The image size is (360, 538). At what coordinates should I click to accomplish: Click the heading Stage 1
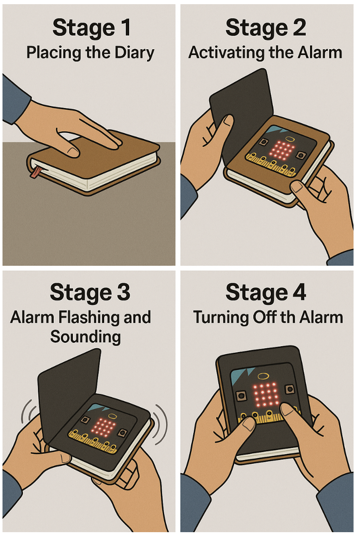[91, 28]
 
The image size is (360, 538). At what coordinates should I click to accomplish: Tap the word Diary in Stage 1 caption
[134, 53]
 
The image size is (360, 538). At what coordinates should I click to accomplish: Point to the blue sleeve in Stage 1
[14, 100]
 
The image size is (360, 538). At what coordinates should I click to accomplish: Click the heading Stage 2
[265, 28]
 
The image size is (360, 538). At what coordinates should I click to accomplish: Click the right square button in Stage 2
[301, 156]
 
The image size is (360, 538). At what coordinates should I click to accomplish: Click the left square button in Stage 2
[263, 143]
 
